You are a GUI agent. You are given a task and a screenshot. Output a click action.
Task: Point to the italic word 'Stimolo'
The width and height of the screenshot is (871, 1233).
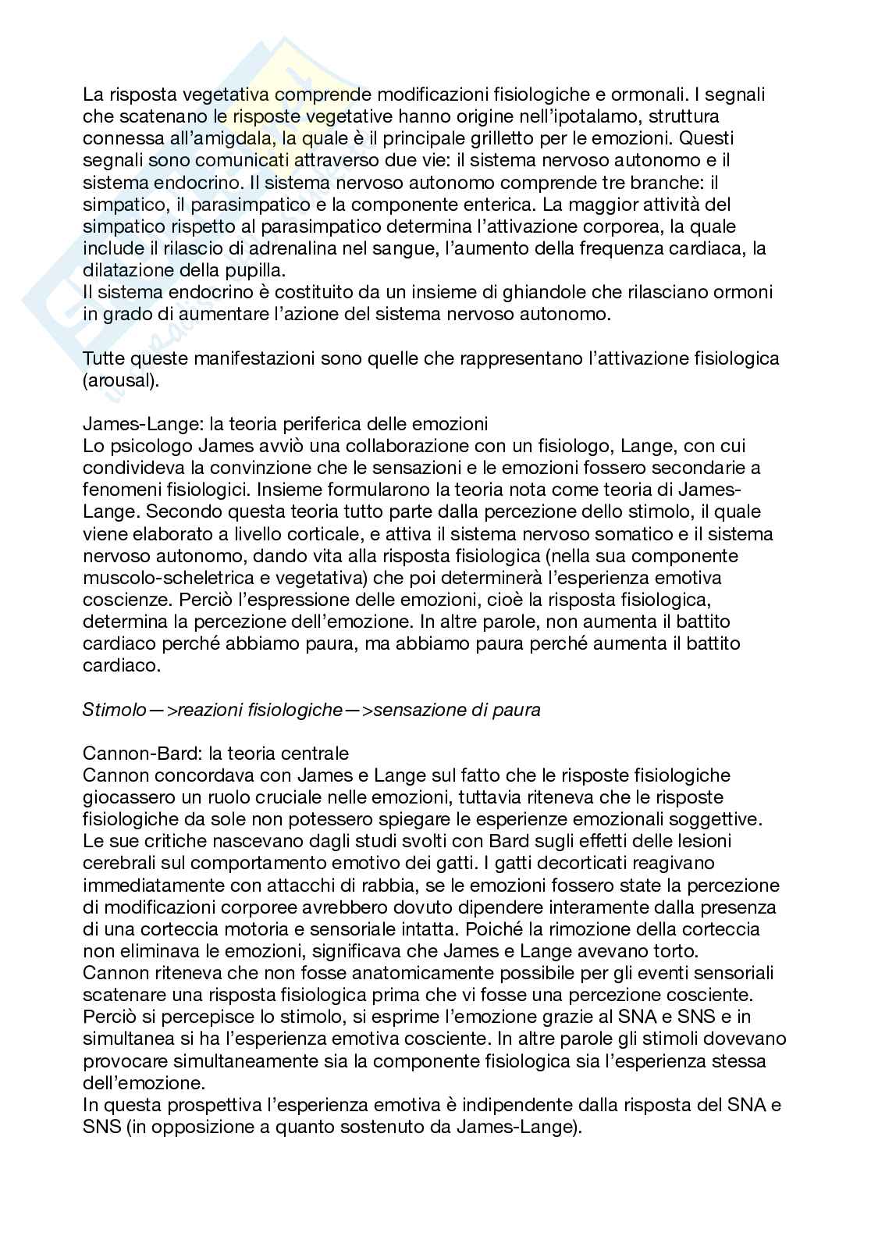(x=114, y=710)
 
